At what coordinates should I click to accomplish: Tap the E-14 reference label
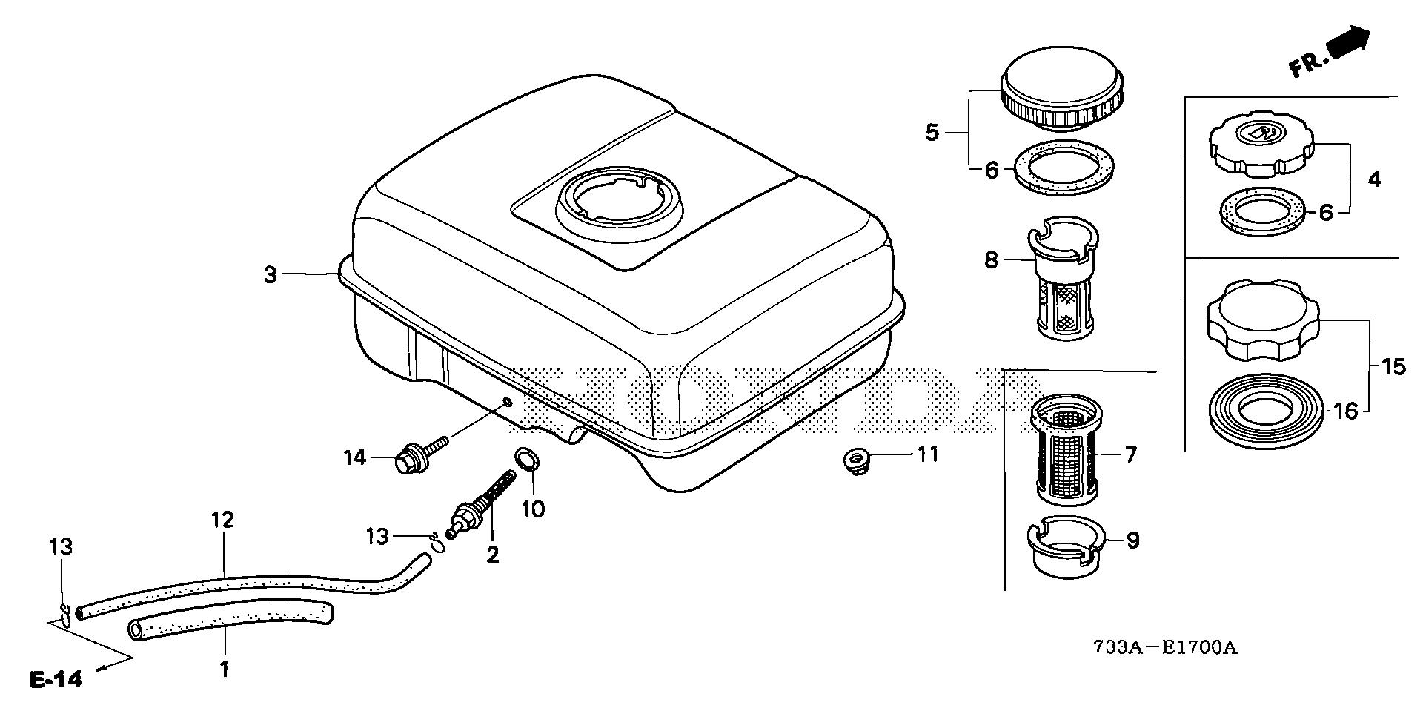tap(57, 678)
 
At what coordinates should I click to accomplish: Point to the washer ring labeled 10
tap(525, 460)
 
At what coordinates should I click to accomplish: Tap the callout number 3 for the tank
tap(271, 275)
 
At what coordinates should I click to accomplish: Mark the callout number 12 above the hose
tap(223, 520)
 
